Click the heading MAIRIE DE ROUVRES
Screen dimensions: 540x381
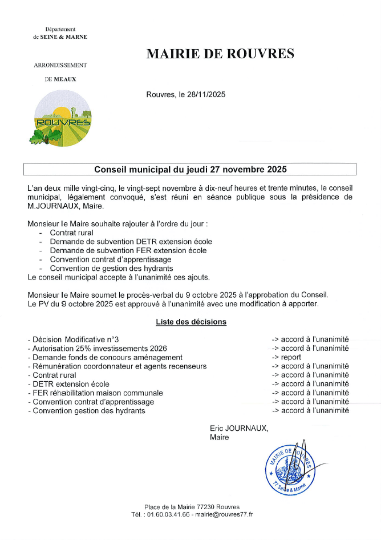(220, 54)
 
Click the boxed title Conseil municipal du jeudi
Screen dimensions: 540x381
(190, 170)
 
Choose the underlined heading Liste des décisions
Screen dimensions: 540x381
(191, 322)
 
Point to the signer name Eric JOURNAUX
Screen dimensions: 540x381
(238, 428)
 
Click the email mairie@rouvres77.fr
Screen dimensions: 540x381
(224, 514)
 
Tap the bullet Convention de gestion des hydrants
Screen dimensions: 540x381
(111, 269)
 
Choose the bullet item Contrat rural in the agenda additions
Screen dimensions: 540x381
(72, 233)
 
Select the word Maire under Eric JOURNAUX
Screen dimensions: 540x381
(219, 437)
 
